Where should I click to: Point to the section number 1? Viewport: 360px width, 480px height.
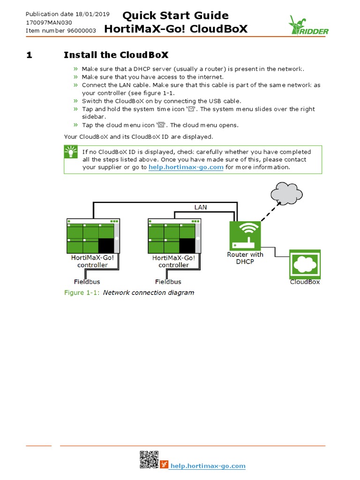(x=29, y=55)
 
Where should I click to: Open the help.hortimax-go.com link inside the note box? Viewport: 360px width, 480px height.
(x=186, y=167)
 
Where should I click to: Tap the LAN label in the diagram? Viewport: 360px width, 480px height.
(x=201, y=207)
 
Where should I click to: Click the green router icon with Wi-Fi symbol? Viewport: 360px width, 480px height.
(x=245, y=236)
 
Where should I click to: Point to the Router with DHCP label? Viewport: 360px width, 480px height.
(x=245, y=258)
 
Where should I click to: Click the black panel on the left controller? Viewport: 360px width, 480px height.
(x=106, y=246)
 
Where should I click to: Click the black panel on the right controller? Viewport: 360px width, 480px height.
(x=187, y=246)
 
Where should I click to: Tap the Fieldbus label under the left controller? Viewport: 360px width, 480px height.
(x=87, y=282)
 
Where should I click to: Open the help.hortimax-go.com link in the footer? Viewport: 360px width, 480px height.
(x=208, y=465)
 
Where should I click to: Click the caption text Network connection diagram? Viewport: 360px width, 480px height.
(x=148, y=292)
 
